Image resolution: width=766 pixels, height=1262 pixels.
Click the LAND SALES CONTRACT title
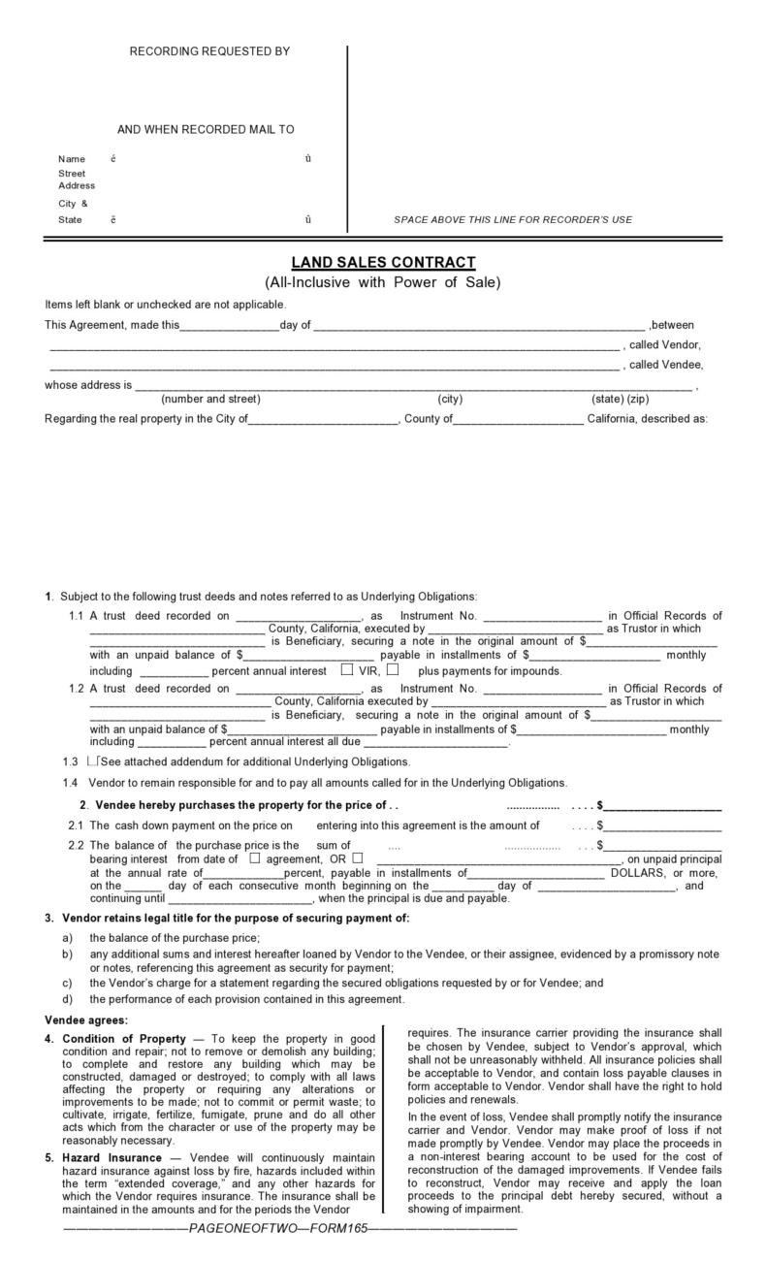point(383,263)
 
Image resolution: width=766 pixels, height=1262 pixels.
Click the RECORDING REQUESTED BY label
point(209,51)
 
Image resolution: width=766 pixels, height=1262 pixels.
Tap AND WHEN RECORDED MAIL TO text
point(206,130)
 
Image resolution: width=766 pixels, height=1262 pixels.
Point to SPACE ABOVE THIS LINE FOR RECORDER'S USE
point(512,220)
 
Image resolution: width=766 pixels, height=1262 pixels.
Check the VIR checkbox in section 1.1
point(347,669)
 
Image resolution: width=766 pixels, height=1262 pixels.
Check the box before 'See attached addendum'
point(92,761)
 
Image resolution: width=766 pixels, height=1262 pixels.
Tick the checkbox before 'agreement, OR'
point(255,858)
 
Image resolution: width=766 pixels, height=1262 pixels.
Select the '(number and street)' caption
point(210,399)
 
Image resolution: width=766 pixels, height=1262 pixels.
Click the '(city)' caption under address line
point(450,399)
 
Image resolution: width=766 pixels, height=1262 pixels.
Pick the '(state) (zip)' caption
point(620,399)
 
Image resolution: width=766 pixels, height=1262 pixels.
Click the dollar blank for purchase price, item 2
point(663,805)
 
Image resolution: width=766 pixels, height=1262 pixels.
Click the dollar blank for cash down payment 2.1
point(663,826)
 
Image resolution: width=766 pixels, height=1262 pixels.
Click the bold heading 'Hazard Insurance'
point(112,1158)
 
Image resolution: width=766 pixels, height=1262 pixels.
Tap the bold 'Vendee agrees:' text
point(86,1019)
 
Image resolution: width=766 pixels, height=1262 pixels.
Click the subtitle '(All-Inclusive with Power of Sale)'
point(383,283)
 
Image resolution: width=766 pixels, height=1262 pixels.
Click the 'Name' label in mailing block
point(72,159)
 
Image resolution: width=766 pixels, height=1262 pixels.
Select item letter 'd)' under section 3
point(67,999)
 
